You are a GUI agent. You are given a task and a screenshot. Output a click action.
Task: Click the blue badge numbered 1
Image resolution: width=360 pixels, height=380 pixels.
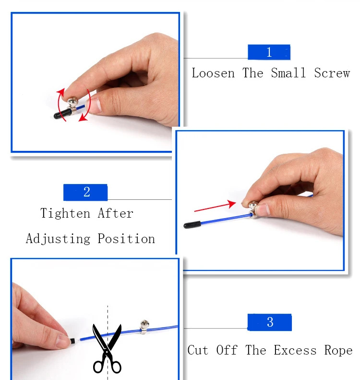click(x=269, y=52)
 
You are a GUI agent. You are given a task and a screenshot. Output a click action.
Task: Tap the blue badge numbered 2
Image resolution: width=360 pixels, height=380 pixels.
click(x=85, y=193)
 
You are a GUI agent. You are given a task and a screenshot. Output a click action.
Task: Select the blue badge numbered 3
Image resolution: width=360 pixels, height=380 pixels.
click(x=269, y=322)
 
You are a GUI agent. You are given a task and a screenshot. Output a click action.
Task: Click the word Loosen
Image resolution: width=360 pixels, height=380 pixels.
click(x=213, y=73)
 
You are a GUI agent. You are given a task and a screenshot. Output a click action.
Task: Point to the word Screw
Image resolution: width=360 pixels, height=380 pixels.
click(x=332, y=73)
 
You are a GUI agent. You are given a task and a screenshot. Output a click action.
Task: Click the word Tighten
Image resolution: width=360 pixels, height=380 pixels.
click(x=65, y=213)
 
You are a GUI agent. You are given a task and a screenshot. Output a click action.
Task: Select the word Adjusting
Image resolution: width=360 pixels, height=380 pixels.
click(x=58, y=239)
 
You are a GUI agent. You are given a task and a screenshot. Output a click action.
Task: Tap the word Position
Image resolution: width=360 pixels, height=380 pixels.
click(x=126, y=239)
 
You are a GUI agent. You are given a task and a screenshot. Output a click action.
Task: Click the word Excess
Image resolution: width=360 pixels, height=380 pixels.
click(x=295, y=350)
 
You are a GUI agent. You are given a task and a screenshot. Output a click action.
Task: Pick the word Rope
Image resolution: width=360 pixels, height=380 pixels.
click(x=338, y=350)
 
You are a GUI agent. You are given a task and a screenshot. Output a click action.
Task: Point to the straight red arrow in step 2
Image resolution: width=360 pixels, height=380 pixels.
click(x=215, y=206)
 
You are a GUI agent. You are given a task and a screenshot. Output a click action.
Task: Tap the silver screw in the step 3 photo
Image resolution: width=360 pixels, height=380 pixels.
click(x=144, y=327)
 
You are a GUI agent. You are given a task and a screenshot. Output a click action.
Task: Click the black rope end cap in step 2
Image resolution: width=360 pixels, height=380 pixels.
click(x=192, y=225)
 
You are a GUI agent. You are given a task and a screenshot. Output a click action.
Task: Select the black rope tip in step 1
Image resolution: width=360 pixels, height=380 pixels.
click(x=62, y=114)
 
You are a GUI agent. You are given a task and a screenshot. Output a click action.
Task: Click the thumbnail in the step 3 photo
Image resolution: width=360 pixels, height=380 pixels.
click(x=62, y=341)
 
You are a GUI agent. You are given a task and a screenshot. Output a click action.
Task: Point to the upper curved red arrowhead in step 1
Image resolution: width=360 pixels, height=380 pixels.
click(x=61, y=92)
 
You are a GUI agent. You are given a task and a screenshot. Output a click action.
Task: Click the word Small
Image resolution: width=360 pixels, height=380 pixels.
click(x=288, y=73)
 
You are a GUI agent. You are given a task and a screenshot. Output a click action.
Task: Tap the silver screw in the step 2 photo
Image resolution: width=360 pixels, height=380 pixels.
click(x=253, y=209)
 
